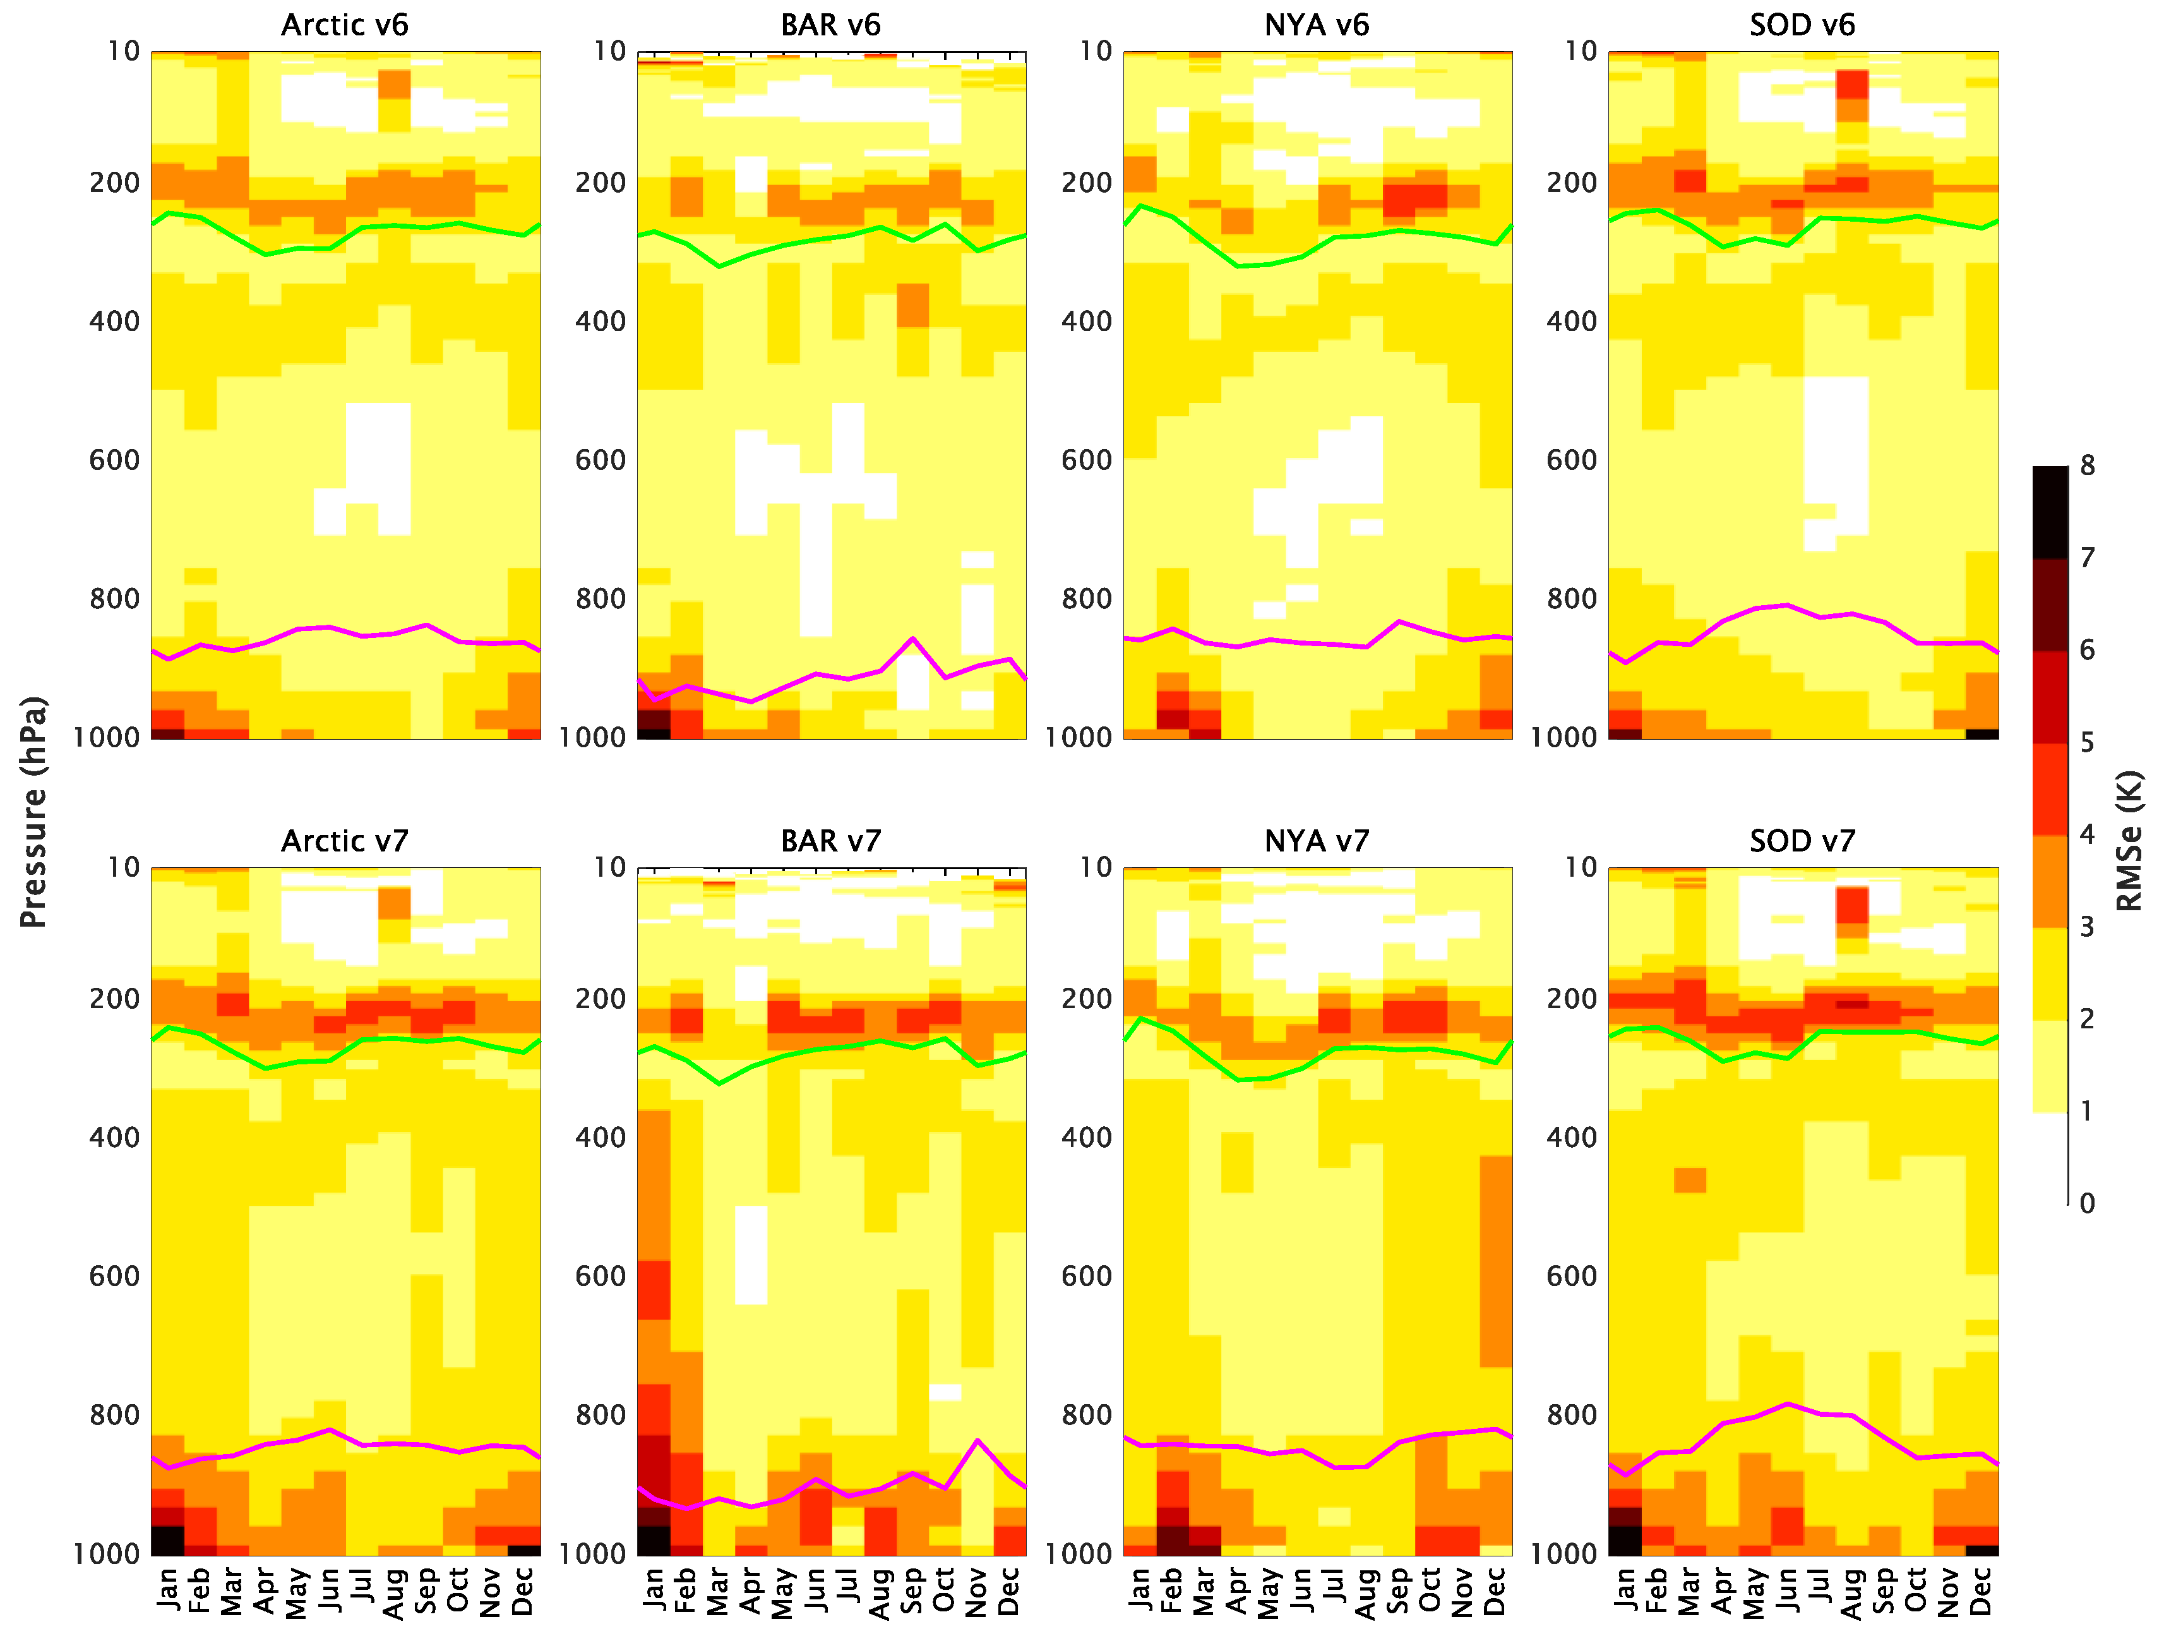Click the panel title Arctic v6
[x=344, y=25]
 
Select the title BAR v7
[x=830, y=841]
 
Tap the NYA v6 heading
[x=1316, y=25]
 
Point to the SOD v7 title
[x=1802, y=841]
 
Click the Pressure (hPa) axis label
[x=33, y=812]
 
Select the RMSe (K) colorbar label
[x=2129, y=841]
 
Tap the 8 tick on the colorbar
[x=2087, y=467]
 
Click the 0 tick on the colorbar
[x=2087, y=1203]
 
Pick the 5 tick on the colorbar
[x=2087, y=743]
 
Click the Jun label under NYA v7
[x=1301, y=1589]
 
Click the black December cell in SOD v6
[x=1982, y=733]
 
